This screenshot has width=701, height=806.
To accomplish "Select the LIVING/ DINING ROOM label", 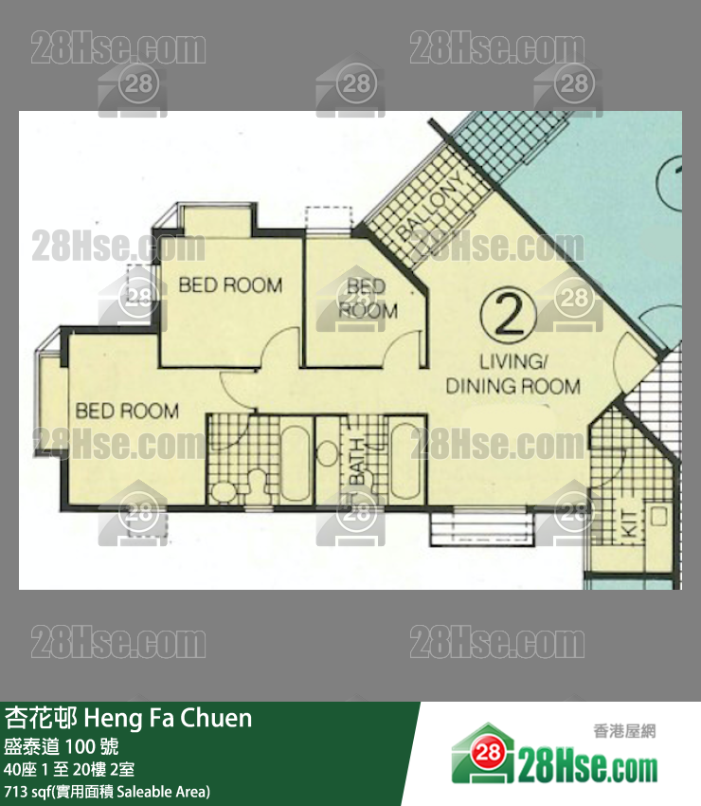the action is [x=513, y=375].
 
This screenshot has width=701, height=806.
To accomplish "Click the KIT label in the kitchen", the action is [x=630, y=523].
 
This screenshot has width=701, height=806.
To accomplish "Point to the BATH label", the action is [x=357, y=461].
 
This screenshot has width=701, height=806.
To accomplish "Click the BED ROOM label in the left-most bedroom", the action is [x=127, y=411].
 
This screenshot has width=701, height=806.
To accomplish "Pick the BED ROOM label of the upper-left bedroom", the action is [x=230, y=284].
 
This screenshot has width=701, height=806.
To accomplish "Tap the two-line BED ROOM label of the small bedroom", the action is [x=368, y=299].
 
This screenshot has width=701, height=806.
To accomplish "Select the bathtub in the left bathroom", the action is [x=296, y=463].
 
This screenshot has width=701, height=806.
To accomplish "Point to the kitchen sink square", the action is [x=658, y=516].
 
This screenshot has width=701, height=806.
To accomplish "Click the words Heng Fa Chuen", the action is [x=168, y=718].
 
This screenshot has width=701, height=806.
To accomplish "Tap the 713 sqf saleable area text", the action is [x=107, y=792].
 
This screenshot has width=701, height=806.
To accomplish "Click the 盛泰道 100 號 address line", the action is [x=62, y=746].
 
